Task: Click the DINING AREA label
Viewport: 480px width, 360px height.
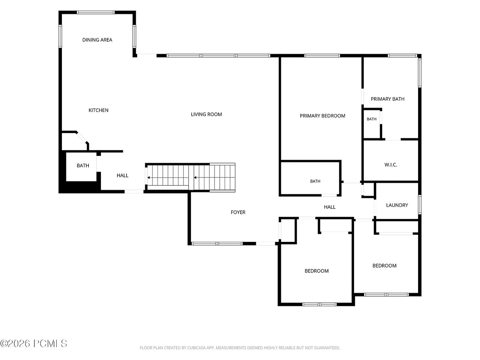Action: click(x=97, y=40)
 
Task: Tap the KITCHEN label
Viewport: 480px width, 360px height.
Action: click(x=98, y=110)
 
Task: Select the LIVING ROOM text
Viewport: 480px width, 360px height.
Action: click(x=206, y=114)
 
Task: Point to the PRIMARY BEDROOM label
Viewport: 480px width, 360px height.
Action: click(x=322, y=116)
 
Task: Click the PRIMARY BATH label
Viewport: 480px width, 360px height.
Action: click(x=387, y=99)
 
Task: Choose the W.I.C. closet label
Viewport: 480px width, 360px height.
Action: click(x=391, y=165)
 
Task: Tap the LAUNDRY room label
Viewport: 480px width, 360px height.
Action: click(x=397, y=205)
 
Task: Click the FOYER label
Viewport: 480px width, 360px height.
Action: click(x=238, y=212)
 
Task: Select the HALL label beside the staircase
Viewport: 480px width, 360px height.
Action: click(x=123, y=175)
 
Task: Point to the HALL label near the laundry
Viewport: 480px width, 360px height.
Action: click(x=330, y=207)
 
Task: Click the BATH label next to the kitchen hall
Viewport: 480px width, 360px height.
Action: click(x=83, y=166)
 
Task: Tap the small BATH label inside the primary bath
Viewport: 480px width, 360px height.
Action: click(x=372, y=119)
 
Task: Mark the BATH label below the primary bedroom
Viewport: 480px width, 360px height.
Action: click(x=315, y=181)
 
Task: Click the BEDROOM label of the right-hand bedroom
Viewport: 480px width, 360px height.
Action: click(x=384, y=265)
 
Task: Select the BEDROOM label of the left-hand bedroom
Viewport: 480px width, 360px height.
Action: click(x=316, y=271)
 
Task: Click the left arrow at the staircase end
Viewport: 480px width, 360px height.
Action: click(x=148, y=177)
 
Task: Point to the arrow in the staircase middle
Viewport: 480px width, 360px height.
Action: click(x=195, y=177)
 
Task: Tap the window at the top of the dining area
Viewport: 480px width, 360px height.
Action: click(x=96, y=12)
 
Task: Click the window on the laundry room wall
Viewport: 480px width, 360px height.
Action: click(x=420, y=205)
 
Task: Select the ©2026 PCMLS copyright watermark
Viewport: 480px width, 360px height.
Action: click(x=33, y=343)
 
